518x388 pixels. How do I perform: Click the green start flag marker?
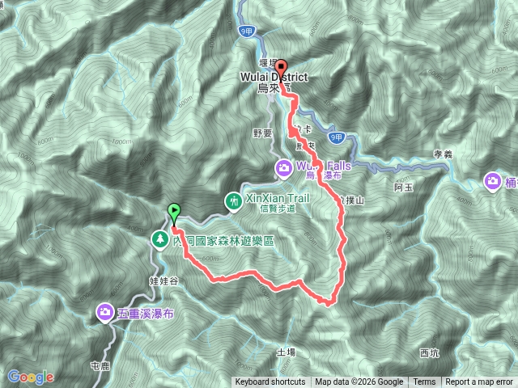175,213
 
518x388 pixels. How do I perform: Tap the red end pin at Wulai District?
281,68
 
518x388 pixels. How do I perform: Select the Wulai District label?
274,78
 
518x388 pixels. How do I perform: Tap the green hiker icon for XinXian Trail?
233,199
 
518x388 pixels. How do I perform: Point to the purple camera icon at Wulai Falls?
284,168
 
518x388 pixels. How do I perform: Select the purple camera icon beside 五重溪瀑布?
105,311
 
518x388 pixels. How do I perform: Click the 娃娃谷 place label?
163,280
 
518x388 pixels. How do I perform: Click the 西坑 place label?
428,352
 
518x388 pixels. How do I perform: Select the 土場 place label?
286,352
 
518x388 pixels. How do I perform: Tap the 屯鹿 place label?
100,366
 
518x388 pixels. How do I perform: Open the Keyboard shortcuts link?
270,382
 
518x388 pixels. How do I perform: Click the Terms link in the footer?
424,382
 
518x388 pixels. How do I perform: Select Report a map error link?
480,382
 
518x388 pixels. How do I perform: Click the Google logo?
31,377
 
